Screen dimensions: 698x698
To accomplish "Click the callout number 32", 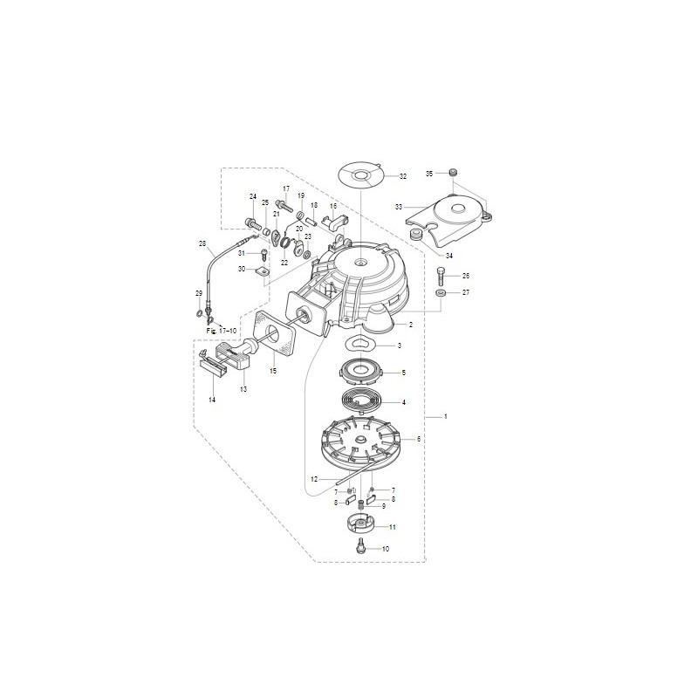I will click(x=403, y=176).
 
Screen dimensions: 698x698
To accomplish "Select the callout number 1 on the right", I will click(x=445, y=417).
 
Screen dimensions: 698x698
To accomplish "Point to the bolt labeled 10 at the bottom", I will click(x=360, y=548).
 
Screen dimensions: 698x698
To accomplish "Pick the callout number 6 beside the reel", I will click(x=419, y=439).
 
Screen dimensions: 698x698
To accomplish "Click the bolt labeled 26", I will click(x=441, y=277).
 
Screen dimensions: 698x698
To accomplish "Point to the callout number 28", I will click(x=202, y=243).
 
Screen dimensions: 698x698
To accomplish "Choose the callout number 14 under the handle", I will click(x=211, y=399).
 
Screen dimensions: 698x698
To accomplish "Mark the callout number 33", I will click(x=398, y=208).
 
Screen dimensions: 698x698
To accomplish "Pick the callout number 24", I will click(x=253, y=196).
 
